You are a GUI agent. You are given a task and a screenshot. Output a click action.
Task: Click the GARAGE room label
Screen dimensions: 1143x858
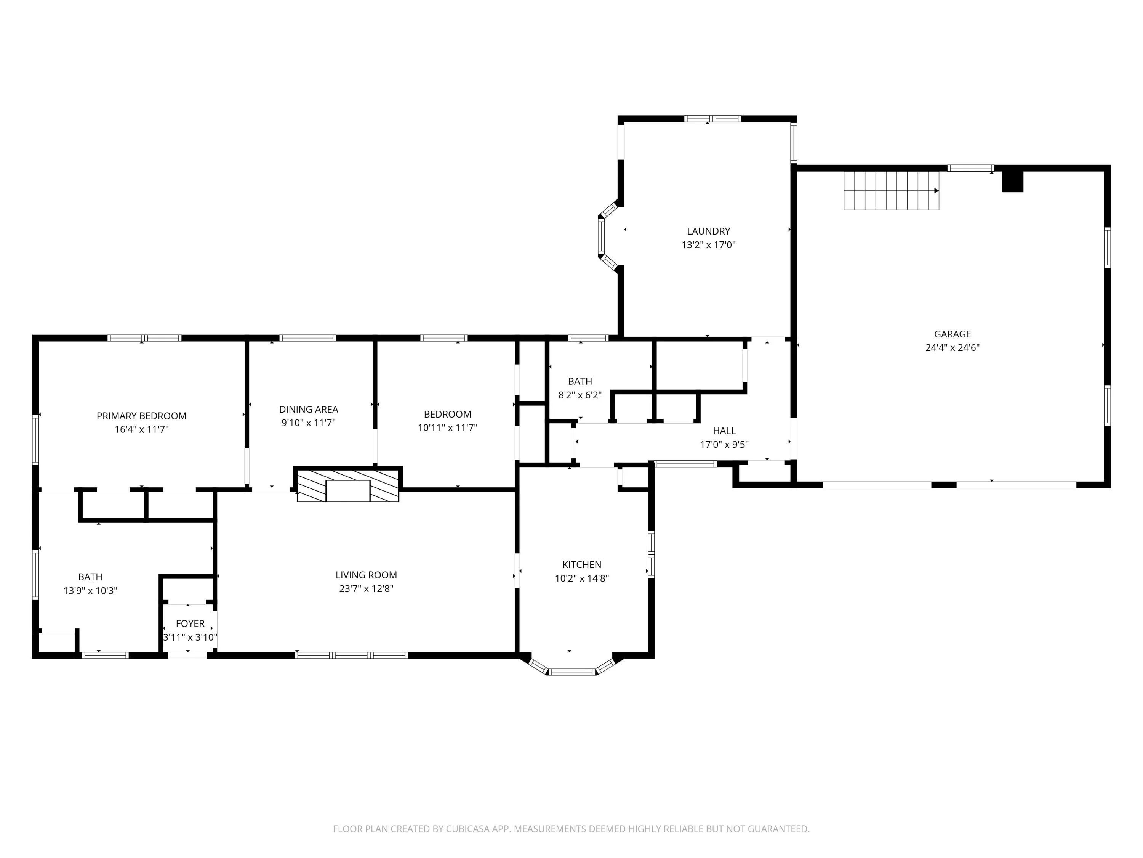[x=952, y=334]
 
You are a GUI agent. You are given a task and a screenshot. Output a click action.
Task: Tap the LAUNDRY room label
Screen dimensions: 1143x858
[x=708, y=231]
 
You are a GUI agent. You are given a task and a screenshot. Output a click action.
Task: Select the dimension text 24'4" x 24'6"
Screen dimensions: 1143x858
[x=952, y=347]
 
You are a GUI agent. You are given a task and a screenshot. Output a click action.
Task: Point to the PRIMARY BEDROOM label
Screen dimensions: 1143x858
[x=142, y=416]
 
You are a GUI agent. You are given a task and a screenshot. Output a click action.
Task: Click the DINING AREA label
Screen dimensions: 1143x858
[x=309, y=409]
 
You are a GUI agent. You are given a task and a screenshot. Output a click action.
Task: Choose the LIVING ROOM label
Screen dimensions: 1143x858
[x=367, y=575]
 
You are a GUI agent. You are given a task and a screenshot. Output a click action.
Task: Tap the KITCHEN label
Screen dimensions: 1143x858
[x=582, y=565]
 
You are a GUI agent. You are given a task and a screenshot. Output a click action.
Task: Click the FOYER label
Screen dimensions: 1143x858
[x=190, y=624]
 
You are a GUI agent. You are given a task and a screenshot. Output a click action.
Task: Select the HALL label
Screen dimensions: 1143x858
[x=724, y=431]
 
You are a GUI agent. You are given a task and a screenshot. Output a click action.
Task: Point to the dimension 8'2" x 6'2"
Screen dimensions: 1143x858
[x=580, y=395]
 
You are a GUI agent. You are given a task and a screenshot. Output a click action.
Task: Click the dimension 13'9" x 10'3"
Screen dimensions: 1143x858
[x=90, y=591]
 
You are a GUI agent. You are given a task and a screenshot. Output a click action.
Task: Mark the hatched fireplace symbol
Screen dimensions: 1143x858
[x=348, y=485]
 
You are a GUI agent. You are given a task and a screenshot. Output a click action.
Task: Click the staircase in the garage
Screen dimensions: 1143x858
[x=892, y=191]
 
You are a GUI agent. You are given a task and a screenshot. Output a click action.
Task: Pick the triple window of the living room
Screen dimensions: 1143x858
[x=351, y=655]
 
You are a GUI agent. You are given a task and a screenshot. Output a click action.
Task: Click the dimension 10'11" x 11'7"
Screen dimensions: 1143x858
[x=448, y=428]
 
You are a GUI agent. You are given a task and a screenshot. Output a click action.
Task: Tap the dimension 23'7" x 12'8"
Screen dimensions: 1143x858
[x=367, y=588]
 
